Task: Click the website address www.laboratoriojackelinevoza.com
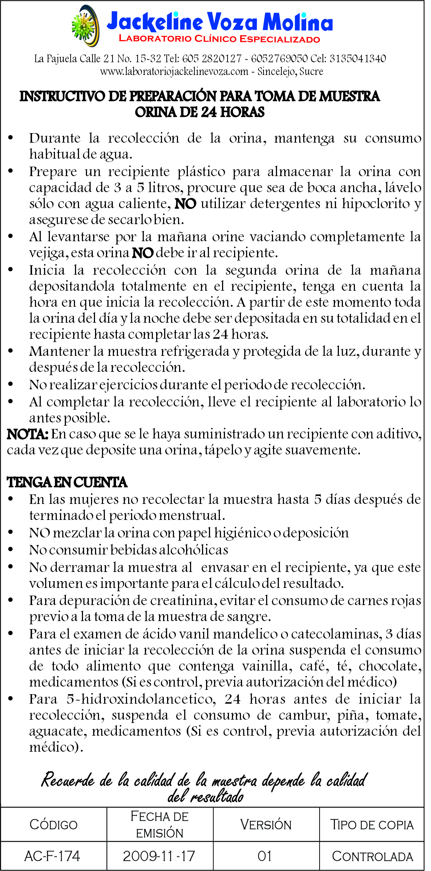click(174, 71)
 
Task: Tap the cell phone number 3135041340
click(357, 59)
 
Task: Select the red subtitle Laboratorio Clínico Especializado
click(220, 39)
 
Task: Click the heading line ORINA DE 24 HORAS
click(199, 112)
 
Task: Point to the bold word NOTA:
click(27, 434)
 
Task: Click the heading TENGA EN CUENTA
click(67, 482)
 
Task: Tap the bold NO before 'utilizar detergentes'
click(185, 204)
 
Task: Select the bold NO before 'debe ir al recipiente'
click(142, 253)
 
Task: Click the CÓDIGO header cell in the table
click(54, 824)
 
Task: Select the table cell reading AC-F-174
click(52, 856)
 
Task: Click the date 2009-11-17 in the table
click(159, 856)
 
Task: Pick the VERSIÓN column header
click(266, 824)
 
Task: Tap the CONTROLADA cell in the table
click(372, 856)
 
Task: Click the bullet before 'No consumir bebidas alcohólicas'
click(11, 550)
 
